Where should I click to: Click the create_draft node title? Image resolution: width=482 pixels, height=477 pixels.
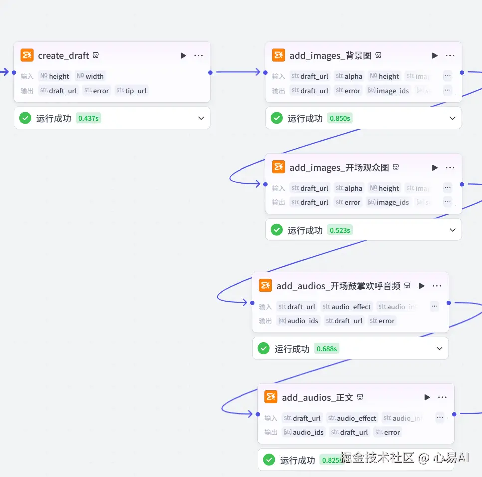63,55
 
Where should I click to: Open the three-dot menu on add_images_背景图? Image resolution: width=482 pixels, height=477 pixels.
450,55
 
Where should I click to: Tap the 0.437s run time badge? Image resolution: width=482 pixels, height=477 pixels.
88,118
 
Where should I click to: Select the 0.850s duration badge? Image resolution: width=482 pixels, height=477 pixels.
340,118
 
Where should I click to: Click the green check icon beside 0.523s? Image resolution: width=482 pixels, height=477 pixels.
276,230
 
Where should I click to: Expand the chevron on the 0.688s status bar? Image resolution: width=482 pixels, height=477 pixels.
439,349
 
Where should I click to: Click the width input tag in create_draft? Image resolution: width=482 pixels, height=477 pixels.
90,76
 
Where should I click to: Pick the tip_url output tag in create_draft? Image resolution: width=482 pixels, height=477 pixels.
132,91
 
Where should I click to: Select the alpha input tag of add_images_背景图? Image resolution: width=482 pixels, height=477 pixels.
349,76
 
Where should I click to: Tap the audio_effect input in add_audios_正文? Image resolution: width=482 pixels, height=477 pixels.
352,418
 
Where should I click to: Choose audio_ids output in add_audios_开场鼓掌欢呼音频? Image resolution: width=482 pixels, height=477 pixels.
298,321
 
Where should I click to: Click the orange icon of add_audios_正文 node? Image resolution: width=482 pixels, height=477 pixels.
271,397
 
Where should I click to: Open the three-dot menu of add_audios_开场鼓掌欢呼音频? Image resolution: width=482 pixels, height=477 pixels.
437,286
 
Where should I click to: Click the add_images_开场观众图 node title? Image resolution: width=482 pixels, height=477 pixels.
339,167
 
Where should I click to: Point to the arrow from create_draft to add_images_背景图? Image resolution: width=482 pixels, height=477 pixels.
238,72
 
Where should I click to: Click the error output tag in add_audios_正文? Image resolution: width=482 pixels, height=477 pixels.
388,432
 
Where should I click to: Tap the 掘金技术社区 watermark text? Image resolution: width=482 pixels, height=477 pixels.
377,458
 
